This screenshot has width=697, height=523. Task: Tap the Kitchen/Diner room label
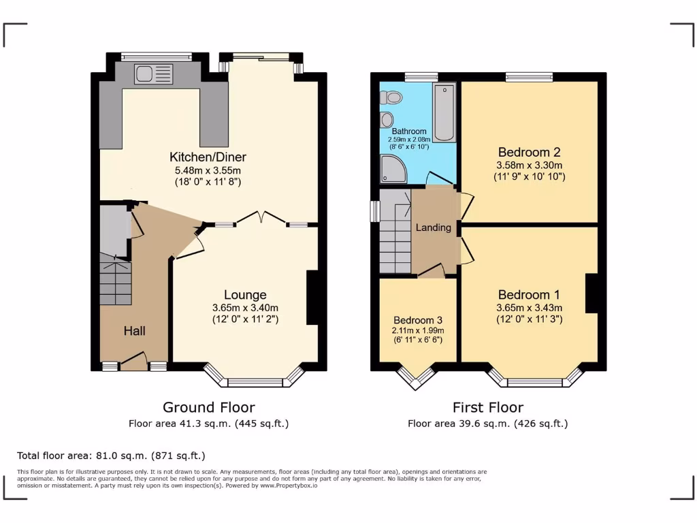tap(208, 157)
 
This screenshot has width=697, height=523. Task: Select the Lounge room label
tap(245, 295)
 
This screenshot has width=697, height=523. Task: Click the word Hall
tap(134, 331)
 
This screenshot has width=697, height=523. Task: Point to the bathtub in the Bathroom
tap(444, 113)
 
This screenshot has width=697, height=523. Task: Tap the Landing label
tap(434, 227)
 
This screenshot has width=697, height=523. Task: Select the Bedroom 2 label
tap(529, 152)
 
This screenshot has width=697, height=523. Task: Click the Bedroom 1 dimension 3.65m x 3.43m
tap(529, 307)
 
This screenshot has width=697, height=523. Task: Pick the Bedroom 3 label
tap(417, 320)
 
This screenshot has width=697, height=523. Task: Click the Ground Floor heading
tap(208, 407)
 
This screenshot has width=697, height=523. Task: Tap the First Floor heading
tap(488, 407)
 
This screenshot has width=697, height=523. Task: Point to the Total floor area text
tap(111, 456)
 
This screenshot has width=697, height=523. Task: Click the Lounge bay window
tap(254, 381)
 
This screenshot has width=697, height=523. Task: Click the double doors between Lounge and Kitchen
tap(260, 217)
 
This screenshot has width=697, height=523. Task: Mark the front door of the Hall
tap(134, 361)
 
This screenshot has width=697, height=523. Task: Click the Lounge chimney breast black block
tap(312, 298)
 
